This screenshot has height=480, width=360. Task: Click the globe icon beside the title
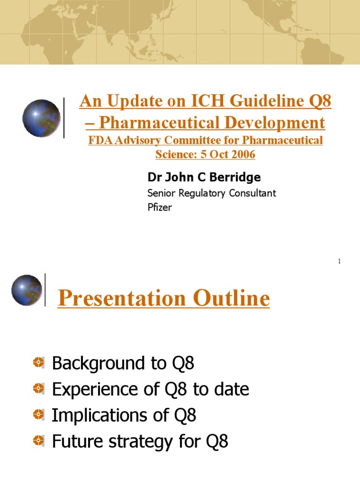coord(41,118)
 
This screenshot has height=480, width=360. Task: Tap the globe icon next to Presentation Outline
coord(26,290)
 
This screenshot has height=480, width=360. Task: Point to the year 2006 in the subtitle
coord(241,154)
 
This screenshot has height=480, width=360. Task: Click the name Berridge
coord(237,177)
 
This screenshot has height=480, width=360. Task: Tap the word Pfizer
coord(159,207)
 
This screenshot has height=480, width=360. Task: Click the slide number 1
coord(339,261)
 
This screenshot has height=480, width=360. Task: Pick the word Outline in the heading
coord(230,299)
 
